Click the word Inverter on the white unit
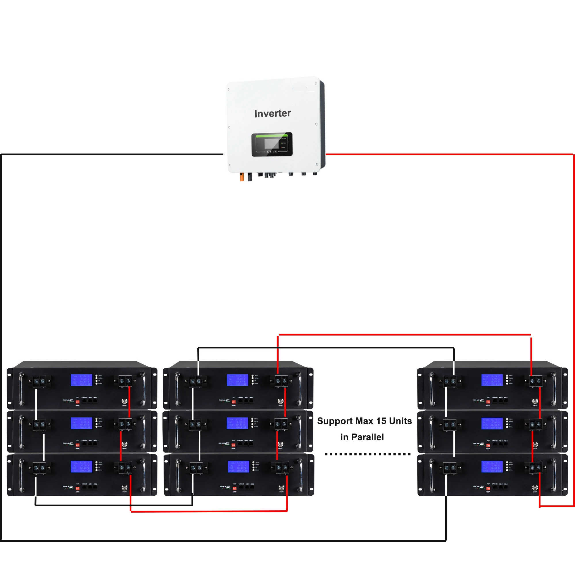click(x=272, y=113)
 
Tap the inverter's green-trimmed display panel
click(x=272, y=144)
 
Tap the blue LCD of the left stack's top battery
click(x=82, y=380)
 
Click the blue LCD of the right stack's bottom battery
click(x=492, y=466)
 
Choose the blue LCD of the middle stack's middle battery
click(x=237, y=423)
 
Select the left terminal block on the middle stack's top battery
click(x=195, y=381)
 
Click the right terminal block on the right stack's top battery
click(x=535, y=381)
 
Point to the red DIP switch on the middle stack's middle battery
click(x=233, y=445)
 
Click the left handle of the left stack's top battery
click(x=21, y=389)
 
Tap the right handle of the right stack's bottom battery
click(x=553, y=475)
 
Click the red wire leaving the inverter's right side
click(x=446, y=154)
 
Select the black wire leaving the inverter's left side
click(x=113, y=154)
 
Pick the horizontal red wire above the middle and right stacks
click(x=402, y=335)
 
